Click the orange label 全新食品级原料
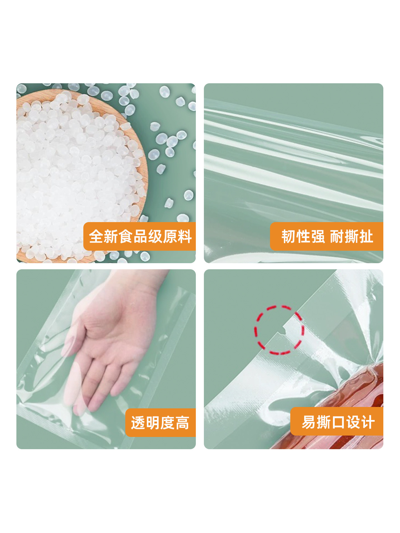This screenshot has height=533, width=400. (x=140, y=237)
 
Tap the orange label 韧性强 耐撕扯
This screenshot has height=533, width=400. (x=327, y=237)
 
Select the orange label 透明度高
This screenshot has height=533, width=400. (x=160, y=423)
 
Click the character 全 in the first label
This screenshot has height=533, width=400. (x=96, y=237)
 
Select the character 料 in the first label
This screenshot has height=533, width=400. (x=184, y=237)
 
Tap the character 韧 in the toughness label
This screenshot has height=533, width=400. (x=289, y=237)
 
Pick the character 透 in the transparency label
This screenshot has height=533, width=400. (x=138, y=423)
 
